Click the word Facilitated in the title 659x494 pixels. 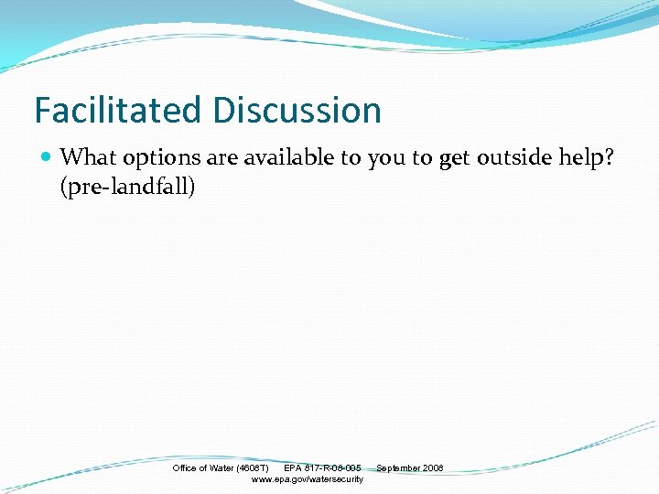click(x=119, y=111)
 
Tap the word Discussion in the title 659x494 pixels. click(x=297, y=111)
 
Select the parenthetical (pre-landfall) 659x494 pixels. click(x=128, y=188)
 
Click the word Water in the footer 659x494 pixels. click(x=221, y=468)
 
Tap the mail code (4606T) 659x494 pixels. click(x=253, y=468)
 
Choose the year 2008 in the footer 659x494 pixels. click(x=433, y=468)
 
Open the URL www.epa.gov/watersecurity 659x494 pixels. click(x=307, y=479)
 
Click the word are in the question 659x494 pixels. click(x=223, y=158)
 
